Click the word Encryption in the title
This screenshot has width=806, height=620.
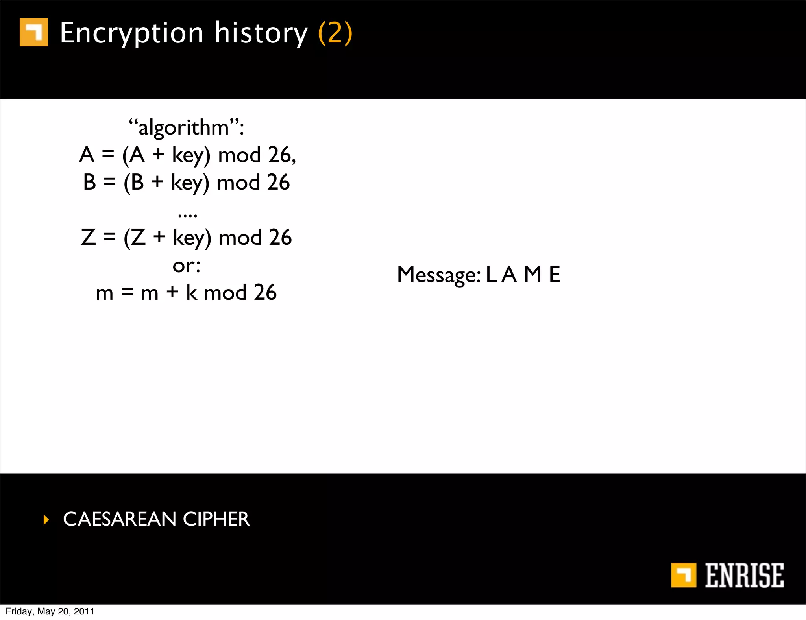point(131,33)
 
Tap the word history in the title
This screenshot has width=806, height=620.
point(261,33)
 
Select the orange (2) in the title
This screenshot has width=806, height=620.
point(335,33)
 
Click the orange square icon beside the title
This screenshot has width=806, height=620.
point(34,32)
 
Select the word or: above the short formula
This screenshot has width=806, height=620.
point(187,266)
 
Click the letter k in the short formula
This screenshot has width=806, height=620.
point(191,292)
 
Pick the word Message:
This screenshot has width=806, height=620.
point(438,275)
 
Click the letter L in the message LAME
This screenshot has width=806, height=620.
point(491,275)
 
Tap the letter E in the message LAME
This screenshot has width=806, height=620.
point(554,275)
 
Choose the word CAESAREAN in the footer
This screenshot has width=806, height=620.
point(119,519)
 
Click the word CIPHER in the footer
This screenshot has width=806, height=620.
point(216,519)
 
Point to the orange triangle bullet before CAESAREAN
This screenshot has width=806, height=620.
point(46,520)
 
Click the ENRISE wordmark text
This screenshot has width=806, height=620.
point(744,575)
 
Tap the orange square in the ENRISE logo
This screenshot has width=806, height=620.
point(684,575)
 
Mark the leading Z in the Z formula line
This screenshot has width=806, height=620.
point(89,237)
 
